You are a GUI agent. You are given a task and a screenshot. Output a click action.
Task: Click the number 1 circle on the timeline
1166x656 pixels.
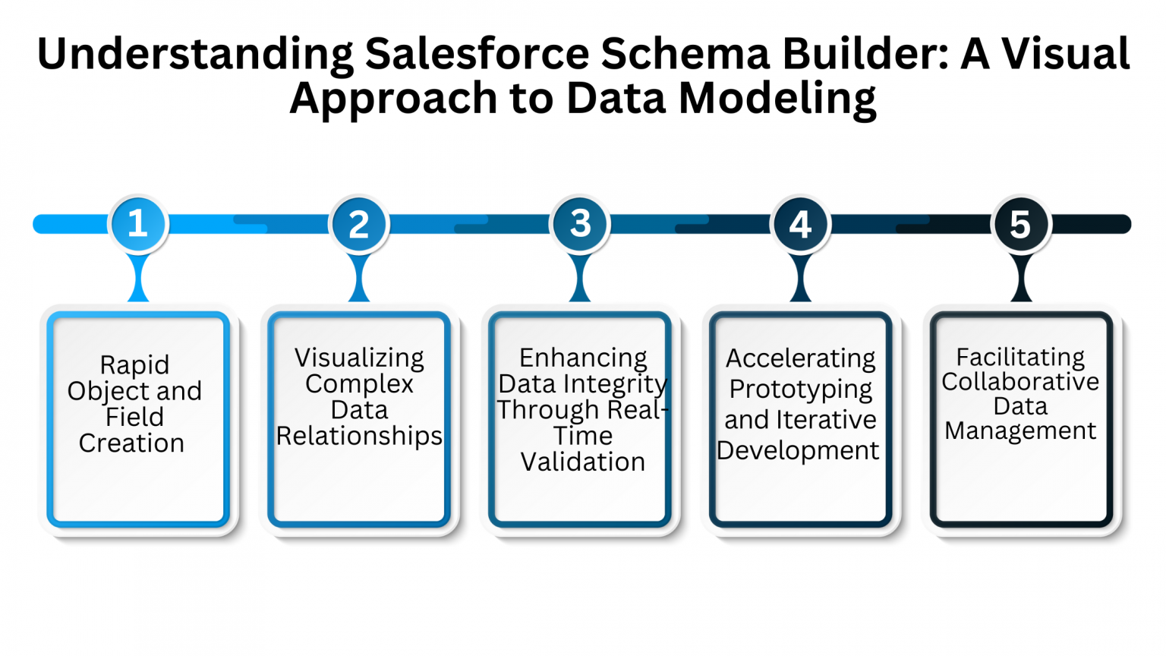coord(137,224)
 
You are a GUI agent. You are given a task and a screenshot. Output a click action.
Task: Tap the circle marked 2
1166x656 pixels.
coord(358,225)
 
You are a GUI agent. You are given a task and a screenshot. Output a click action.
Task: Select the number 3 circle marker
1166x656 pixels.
coord(580,224)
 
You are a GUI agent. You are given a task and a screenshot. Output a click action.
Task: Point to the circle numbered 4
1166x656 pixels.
coord(800,225)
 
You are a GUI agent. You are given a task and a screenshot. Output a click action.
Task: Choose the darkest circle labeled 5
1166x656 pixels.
coord(1021,225)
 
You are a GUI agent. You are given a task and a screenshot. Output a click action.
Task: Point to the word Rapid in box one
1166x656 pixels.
coord(134,365)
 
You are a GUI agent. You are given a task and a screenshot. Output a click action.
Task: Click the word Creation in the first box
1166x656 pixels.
coord(131,443)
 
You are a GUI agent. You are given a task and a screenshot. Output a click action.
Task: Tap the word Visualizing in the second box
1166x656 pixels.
coord(359,358)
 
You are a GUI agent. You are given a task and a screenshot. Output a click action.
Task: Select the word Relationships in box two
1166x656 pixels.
coord(359,437)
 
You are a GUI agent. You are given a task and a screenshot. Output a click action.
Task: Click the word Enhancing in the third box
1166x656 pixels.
coord(583,358)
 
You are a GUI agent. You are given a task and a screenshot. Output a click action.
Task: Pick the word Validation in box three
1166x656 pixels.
coord(583,462)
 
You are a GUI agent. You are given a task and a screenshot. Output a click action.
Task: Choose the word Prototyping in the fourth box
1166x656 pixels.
coord(800,389)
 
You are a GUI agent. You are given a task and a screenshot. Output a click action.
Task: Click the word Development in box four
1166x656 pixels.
coord(798,450)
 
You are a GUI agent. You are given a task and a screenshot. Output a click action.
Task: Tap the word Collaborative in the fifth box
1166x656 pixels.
coord(1020,381)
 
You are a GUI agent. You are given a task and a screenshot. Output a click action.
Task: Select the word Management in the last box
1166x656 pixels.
coord(1020,431)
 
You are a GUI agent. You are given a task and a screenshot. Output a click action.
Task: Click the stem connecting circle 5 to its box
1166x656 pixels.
coord(1021,279)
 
